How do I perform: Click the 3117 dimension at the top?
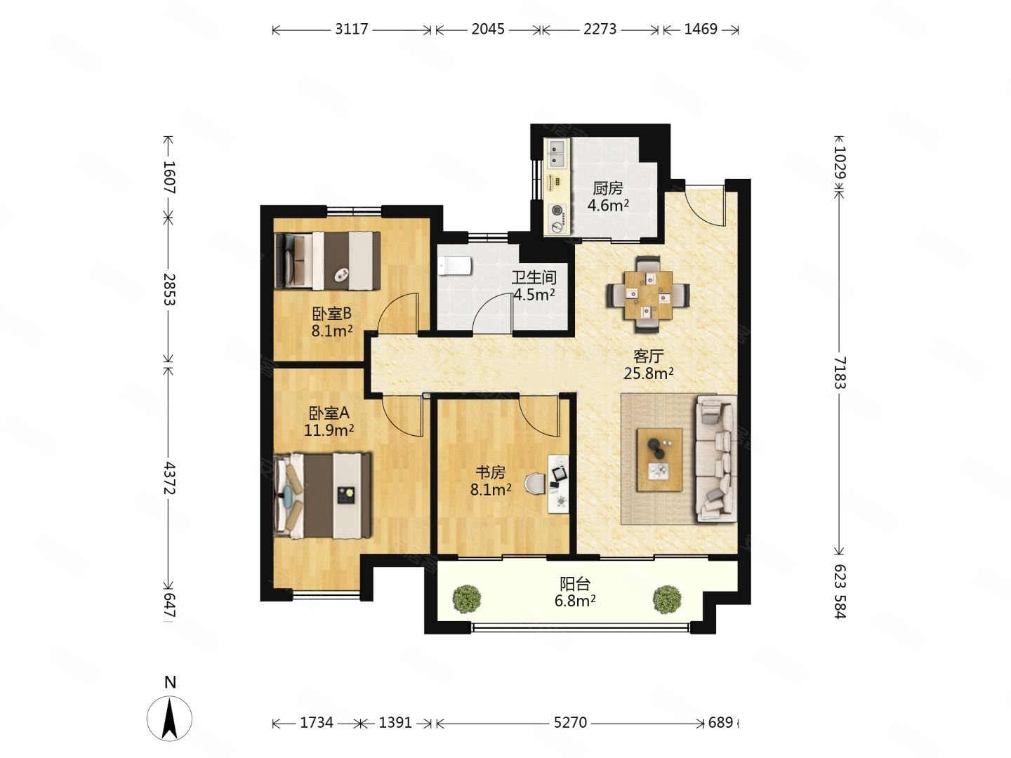[x=352, y=29]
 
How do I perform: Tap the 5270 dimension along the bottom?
[x=570, y=723]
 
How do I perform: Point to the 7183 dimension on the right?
[x=840, y=372]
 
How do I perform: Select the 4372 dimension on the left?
[x=169, y=478]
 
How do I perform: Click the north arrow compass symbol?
[x=169, y=718]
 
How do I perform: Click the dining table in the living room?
[x=647, y=295]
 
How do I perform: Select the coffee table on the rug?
[x=659, y=460]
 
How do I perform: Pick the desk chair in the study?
[x=535, y=484]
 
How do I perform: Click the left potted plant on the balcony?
[x=467, y=599]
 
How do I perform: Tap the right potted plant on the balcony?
[x=667, y=599]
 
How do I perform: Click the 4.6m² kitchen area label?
[x=607, y=205]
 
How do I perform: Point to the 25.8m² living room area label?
[x=648, y=372]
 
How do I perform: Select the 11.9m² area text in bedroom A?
[x=329, y=430]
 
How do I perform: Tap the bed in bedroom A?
[x=322, y=496]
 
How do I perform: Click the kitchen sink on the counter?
[x=557, y=153]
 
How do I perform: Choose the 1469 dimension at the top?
[x=701, y=29]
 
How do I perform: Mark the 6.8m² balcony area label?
[x=574, y=601]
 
